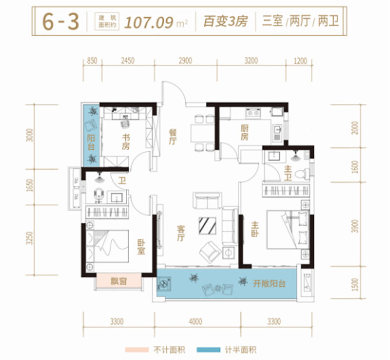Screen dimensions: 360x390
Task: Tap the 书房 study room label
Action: coord(126,141)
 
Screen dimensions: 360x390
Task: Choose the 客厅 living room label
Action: coord(180,233)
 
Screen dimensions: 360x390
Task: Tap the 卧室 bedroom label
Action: coord(140,247)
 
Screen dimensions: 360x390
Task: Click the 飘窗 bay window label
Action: coord(118,282)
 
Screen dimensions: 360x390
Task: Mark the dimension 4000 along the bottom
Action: coord(195,322)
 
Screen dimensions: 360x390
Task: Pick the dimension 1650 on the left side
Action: coord(29,187)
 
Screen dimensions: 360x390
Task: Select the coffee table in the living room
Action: coord(208,225)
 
